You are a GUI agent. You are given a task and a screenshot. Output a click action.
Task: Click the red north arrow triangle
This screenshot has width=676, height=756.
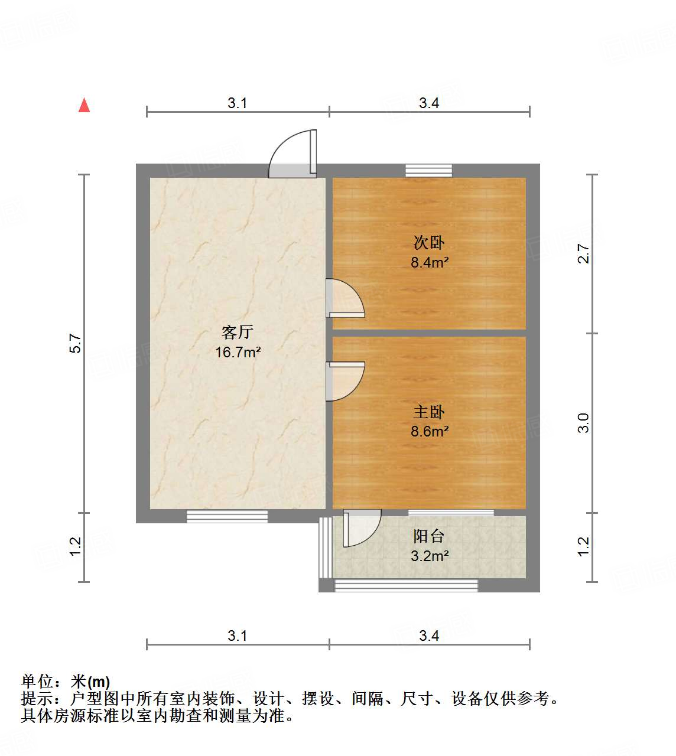point(84,106)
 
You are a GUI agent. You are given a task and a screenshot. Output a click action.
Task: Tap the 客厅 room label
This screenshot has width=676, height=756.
point(238,333)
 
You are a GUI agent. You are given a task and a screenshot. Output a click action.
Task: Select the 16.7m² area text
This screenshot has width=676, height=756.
point(238,353)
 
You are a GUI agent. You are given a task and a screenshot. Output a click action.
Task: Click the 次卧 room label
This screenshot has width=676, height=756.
point(429,243)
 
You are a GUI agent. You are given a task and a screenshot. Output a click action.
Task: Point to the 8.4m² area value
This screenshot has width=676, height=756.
point(430,262)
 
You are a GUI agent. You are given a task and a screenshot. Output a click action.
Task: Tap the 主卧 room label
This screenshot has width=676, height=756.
point(429,412)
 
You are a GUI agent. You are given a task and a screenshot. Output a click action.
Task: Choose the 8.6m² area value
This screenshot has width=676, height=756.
point(430,432)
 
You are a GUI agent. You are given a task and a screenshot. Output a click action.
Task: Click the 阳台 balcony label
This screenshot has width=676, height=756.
point(429,536)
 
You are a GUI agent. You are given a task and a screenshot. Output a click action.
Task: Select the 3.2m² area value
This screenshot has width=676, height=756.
point(430,556)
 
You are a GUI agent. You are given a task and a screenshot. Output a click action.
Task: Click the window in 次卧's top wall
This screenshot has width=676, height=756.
point(429,171)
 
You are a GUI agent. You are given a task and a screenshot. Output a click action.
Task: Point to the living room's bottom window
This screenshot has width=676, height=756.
point(227,517)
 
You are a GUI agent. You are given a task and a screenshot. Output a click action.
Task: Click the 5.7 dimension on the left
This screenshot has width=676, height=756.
point(75,344)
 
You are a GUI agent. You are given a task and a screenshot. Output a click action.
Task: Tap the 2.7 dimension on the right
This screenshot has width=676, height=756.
point(583,254)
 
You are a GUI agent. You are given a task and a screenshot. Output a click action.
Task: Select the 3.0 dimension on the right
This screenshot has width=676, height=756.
point(583,423)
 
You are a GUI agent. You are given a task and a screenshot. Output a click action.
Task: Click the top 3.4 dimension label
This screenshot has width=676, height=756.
point(429,103)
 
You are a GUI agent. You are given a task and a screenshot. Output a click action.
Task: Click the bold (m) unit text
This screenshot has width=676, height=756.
point(99,682)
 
